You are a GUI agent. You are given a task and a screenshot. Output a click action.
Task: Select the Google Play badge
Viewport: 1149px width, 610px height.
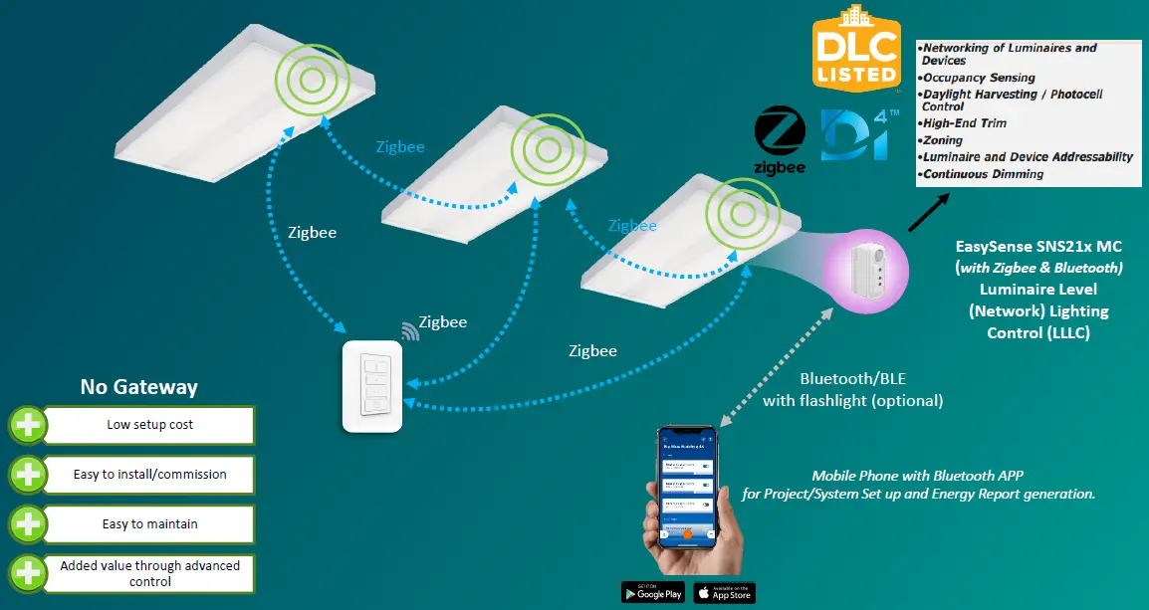pos(653,592)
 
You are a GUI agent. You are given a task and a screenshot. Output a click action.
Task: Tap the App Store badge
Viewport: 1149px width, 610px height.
pos(724,592)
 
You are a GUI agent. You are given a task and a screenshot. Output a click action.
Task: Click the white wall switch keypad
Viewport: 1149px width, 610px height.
pos(372,386)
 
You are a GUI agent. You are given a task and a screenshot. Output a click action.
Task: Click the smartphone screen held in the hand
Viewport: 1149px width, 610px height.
pos(687,487)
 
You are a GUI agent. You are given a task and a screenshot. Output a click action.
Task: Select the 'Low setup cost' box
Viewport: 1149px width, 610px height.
pos(149,425)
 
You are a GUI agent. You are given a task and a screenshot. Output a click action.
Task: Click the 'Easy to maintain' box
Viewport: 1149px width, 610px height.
pos(149,523)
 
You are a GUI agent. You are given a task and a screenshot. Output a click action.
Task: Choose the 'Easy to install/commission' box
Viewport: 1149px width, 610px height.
pos(149,475)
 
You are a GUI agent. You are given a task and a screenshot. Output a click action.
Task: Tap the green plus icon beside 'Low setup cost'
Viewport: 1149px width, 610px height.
pos(28,425)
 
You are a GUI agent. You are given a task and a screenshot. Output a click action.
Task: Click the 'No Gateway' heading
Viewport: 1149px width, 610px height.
pos(138,387)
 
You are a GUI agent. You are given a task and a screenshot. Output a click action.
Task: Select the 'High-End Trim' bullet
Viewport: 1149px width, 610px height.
pos(967,123)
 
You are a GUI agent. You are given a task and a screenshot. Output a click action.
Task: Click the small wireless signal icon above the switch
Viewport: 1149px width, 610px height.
pos(410,330)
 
